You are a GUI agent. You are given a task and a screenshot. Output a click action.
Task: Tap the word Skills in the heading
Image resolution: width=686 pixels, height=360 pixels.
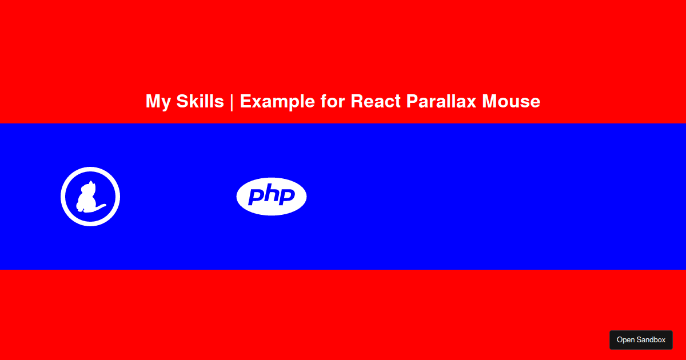click(x=200, y=101)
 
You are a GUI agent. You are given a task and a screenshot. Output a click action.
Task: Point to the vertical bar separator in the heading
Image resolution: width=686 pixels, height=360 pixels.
click(x=232, y=102)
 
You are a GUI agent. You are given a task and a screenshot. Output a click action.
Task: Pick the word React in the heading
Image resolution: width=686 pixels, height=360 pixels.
click(x=376, y=101)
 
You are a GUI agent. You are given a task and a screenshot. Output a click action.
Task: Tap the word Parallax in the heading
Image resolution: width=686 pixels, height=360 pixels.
click(x=441, y=101)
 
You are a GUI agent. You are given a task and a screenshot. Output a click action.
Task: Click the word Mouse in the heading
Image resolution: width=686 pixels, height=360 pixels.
click(x=511, y=101)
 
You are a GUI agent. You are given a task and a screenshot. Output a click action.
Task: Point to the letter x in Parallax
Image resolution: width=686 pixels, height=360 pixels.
click(x=470, y=103)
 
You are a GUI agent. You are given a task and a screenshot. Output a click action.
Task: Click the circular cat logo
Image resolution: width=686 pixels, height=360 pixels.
click(x=90, y=197)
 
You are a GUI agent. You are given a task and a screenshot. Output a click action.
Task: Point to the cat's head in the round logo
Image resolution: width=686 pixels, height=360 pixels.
click(x=91, y=186)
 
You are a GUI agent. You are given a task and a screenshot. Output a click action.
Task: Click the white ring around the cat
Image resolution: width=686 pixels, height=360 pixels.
click(x=90, y=169)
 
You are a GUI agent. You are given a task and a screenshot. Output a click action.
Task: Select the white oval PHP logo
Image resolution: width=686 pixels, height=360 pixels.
click(x=272, y=197)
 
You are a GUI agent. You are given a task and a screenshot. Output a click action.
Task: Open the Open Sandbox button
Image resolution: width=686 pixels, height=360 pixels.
click(x=641, y=340)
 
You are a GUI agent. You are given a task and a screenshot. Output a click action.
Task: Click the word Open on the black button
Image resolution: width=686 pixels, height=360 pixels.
click(x=625, y=340)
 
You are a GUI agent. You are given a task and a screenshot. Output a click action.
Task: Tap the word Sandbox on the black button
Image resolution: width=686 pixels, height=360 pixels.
click(x=651, y=340)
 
